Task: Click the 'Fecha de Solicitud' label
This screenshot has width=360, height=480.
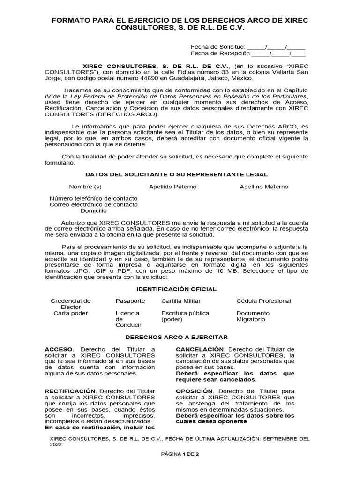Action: (218, 47)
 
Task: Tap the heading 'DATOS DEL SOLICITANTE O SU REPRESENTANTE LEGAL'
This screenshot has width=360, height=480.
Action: (180, 174)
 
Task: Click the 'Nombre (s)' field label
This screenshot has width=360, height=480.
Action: (85, 187)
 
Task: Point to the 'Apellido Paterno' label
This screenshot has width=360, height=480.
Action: (166, 187)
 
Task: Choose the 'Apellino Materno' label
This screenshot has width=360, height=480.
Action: (264, 187)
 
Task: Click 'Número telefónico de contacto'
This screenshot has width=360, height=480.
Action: (94, 198)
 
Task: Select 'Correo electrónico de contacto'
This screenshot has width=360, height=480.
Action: (94, 204)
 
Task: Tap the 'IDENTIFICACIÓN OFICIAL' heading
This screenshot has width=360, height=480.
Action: (176, 289)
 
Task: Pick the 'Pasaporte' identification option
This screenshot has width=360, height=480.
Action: (130, 301)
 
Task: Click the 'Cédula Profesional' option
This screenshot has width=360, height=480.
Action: (263, 301)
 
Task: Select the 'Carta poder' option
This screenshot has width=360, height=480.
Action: (71, 313)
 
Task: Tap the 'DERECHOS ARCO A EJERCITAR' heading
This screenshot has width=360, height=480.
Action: (176, 337)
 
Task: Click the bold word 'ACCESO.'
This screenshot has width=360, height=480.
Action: (59, 350)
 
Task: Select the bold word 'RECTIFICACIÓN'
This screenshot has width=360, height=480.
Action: (70, 391)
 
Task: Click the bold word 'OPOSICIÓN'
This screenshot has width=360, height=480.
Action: (194, 391)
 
